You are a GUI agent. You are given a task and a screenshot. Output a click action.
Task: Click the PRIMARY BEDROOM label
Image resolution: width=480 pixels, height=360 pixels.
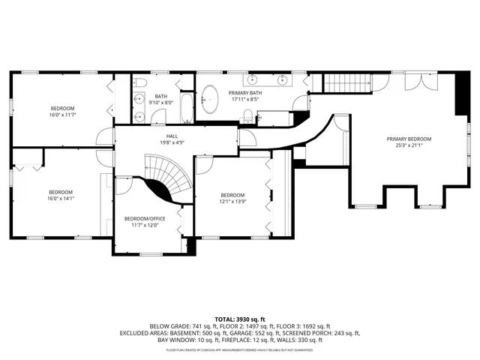[x=409, y=139]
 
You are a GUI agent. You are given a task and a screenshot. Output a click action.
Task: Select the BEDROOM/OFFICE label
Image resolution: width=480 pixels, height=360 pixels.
[x=144, y=218]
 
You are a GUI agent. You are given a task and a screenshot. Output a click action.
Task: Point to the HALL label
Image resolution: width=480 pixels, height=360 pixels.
[x=172, y=136]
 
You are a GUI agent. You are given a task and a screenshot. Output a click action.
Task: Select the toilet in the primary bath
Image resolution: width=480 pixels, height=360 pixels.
[x=247, y=114]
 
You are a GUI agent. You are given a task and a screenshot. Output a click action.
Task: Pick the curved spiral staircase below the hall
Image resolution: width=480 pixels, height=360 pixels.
[x=165, y=178]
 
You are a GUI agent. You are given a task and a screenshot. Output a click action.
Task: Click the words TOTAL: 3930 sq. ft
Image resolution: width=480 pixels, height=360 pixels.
[x=240, y=319]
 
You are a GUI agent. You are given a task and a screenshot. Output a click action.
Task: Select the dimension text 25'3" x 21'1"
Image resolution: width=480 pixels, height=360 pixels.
[x=409, y=145]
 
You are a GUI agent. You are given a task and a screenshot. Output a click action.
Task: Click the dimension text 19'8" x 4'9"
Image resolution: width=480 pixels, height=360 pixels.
[x=172, y=142]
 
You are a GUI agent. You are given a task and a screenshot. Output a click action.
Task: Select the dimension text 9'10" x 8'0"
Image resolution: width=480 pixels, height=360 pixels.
[x=161, y=103]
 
